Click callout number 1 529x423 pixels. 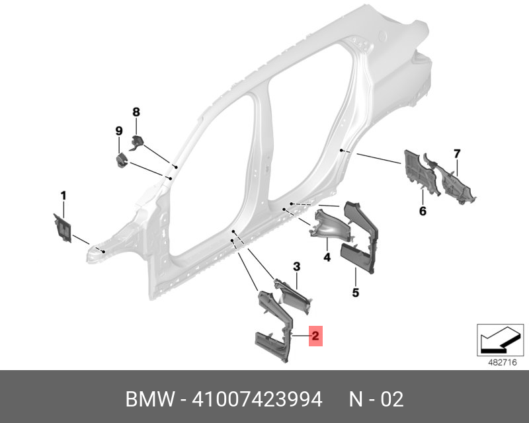[63, 196]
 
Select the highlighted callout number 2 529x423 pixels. [315, 336]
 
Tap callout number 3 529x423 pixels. [296, 266]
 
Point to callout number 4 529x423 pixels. [327, 257]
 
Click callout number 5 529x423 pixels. [356, 292]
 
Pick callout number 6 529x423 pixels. [423, 211]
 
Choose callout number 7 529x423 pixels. [457, 154]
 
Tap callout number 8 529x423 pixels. [136, 112]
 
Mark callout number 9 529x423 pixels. [119, 131]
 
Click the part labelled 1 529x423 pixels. [63, 227]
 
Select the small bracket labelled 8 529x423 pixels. [137, 142]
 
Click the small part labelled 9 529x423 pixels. [122, 160]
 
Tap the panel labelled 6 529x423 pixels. [420, 172]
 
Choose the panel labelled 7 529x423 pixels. [450, 178]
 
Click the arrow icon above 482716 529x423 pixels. [500, 340]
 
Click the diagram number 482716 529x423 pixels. [503, 362]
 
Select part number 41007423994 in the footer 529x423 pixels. [257, 399]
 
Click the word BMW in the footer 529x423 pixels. [151, 399]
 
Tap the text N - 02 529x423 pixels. [376, 399]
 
